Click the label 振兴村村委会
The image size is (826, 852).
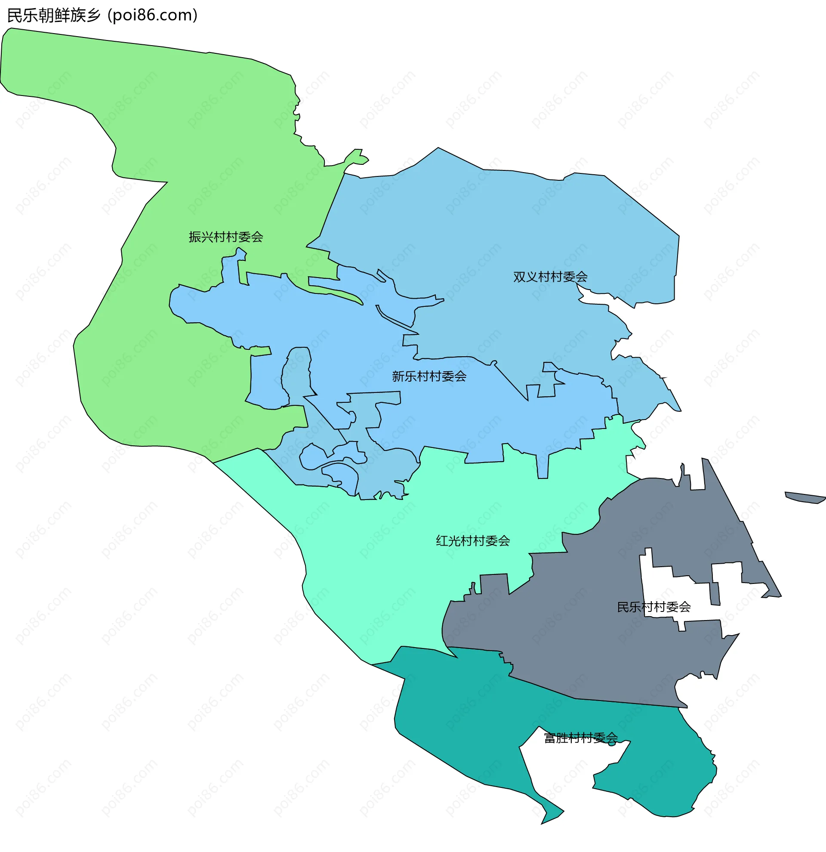[x=225, y=237]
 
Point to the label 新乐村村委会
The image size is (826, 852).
[x=429, y=376]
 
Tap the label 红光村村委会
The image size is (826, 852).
[x=473, y=541]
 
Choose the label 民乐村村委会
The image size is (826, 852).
[x=653, y=607]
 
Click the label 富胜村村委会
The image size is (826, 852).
[x=580, y=738]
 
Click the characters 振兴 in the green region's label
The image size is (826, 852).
[x=201, y=237]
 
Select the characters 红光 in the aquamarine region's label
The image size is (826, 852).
[x=448, y=541]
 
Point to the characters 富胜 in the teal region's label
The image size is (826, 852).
[x=556, y=738]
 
